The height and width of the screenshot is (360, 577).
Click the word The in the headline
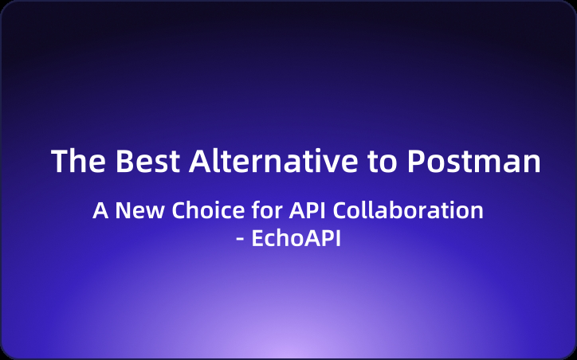click(x=78, y=161)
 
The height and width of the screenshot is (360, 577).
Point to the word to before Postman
click(x=382, y=161)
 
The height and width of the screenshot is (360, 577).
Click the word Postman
click(x=473, y=161)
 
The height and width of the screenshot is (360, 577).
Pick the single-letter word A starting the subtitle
click(x=100, y=211)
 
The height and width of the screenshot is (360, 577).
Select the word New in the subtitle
click(x=132, y=211)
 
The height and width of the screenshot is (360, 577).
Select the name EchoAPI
click(x=296, y=238)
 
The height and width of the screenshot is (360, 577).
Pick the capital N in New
click(x=120, y=211)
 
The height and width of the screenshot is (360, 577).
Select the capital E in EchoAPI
click(x=257, y=238)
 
